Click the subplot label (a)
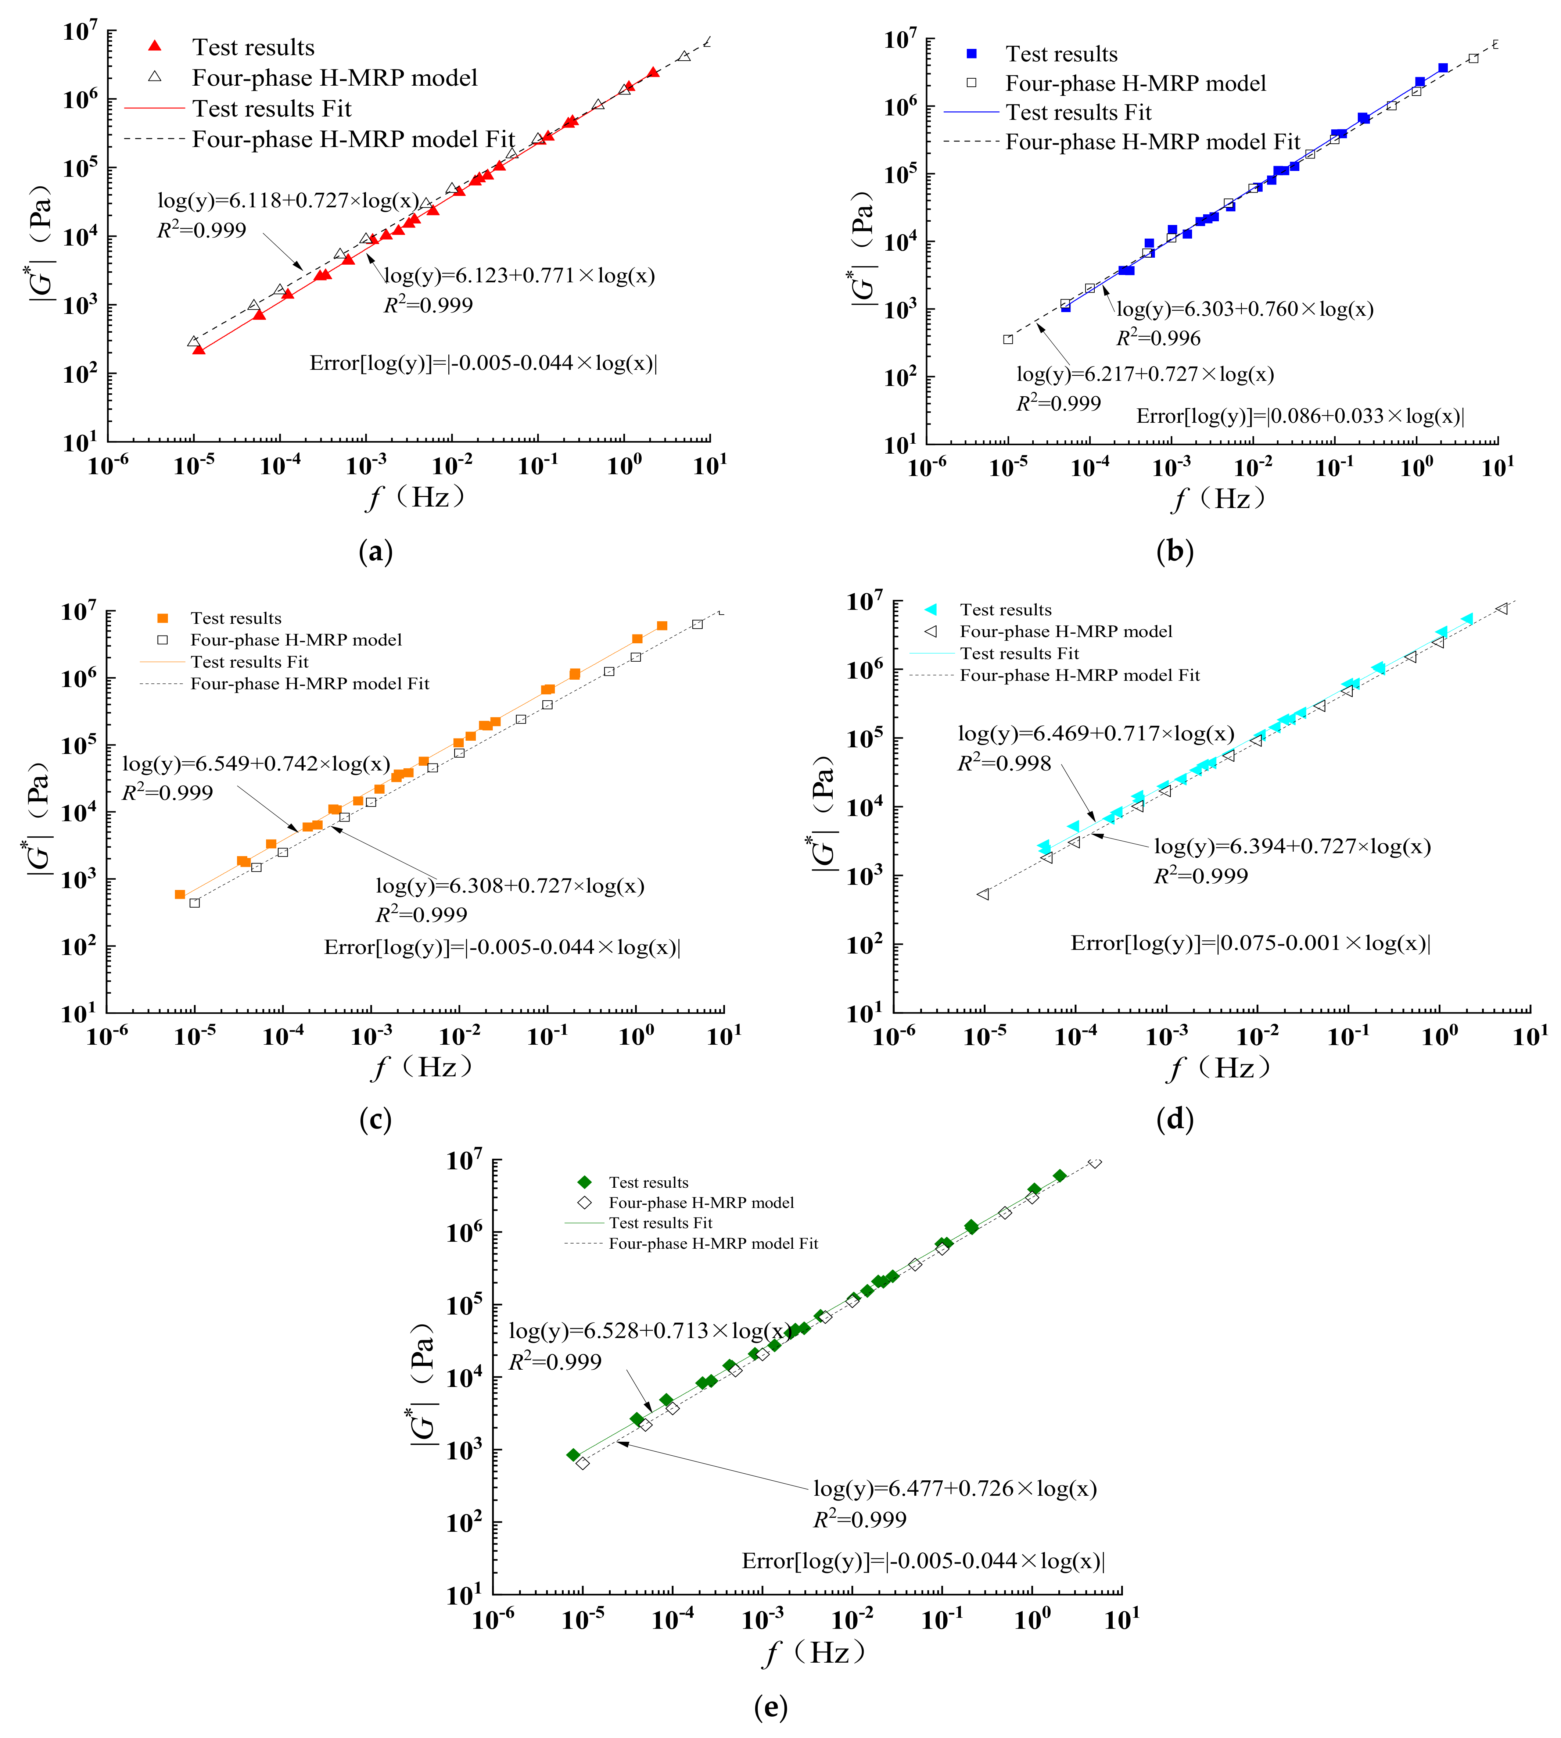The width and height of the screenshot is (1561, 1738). (375, 551)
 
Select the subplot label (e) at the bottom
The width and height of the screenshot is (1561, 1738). (770, 1707)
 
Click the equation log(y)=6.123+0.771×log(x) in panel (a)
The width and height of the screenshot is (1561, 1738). (519, 275)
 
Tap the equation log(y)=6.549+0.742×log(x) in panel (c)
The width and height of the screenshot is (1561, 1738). (256, 763)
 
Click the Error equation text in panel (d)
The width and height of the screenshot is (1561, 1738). (1250, 943)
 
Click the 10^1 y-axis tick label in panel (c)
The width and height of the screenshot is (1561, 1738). (78, 1013)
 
